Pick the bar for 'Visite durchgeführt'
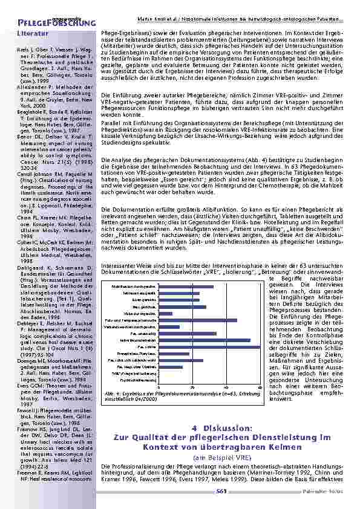pyautogui.click(x=165, y=313)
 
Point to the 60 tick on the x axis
pyautogui.click(x=260, y=386)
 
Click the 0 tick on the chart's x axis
pyautogui.click(x=159, y=386)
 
